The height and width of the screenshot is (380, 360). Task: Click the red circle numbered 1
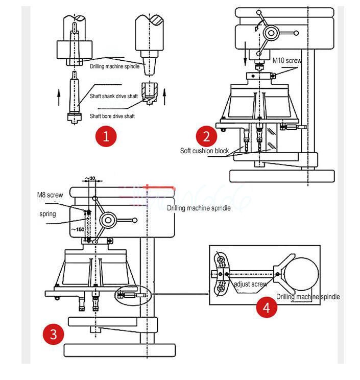[x=106, y=136]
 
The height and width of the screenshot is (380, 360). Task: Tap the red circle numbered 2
[x=206, y=137]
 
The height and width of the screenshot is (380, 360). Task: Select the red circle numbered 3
[x=53, y=335]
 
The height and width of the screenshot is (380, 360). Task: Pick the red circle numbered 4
[x=267, y=308]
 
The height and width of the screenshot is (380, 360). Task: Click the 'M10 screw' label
[x=287, y=60]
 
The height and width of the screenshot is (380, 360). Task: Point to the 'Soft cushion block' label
[x=204, y=151]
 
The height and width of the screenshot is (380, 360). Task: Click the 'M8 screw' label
[x=50, y=195]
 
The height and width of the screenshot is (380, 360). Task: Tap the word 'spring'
[x=47, y=213]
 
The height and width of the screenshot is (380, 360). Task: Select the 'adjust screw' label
[x=250, y=284]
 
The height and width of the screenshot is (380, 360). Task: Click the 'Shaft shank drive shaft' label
[x=113, y=96]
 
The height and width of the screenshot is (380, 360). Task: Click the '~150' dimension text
[x=77, y=229]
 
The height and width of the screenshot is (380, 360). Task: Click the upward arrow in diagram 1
[x=60, y=95]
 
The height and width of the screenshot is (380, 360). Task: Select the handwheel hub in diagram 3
[x=108, y=221]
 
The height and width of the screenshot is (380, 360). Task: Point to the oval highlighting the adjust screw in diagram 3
[x=132, y=295]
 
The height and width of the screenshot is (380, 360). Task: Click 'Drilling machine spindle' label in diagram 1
[x=114, y=66]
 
